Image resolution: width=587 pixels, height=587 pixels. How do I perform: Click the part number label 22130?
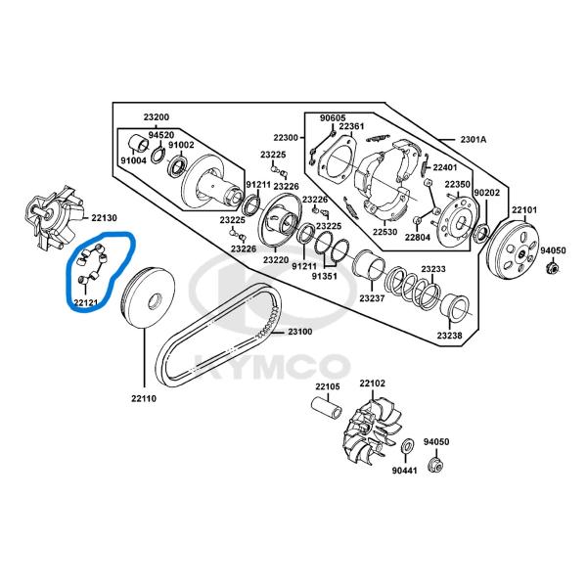pyautogui.click(x=104, y=217)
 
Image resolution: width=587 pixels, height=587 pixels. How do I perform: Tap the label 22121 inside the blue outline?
pyautogui.click(x=85, y=303)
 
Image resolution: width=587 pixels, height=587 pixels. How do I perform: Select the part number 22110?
pyautogui.click(x=143, y=398)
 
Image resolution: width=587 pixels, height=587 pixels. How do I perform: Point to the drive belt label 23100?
pyautogui.click(x=299, y=333)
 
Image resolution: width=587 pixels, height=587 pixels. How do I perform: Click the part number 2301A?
pyautogui.click(x=474, y=140)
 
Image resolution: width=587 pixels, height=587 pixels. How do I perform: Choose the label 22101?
pyautogui.click(x=524, y=210)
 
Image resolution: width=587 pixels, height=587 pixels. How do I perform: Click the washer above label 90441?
pyautogui.click(x=406, y=449)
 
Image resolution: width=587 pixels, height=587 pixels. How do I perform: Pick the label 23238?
pyautogui.click(x=449, y=336)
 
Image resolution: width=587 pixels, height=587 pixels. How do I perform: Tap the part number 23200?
pyautogui.click(x=157, y=117)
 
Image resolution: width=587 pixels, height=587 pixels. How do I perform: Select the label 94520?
pyautogui.click(x=161, y=135)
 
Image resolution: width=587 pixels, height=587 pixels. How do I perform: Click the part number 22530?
pyautogui.click(x=385, y=231)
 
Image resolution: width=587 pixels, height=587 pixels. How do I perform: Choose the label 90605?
pyautogui.click(x=333, y=117)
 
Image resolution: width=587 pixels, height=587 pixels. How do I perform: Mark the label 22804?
pyautogui.click(x=418, y=238)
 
